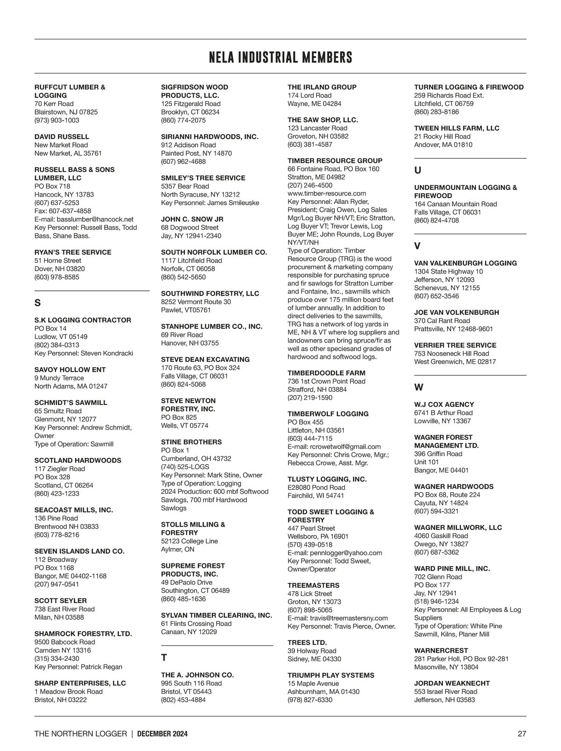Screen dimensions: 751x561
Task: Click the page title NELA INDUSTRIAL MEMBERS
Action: (x=280, y=58)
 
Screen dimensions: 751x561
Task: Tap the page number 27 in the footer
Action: (x=522, y=734)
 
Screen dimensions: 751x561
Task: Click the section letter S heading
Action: (x=37, y=303)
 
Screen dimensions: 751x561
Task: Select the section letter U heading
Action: (x=417, y=171)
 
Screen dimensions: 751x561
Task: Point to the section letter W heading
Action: (x=418, y=387)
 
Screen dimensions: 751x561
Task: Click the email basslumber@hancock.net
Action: (x=95, y=219)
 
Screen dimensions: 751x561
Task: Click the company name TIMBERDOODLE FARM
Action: (x=326, y=373)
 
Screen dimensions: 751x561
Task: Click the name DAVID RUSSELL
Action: (x=62, y=137)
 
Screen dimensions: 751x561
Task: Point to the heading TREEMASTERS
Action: (x=313, y=585)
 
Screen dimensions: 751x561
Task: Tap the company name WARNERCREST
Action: (x=441, y=650)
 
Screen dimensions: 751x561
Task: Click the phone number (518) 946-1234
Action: (x=436, y=601)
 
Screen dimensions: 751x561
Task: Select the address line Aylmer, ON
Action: (x=178, y=549)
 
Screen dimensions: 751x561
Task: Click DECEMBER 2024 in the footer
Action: (x=163, y=734)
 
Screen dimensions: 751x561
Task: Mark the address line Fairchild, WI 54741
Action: (x=316, y=496)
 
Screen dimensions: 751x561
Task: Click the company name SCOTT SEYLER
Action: (x=60, y=600)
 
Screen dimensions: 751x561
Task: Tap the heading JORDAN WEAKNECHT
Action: (x=452, y=683)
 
